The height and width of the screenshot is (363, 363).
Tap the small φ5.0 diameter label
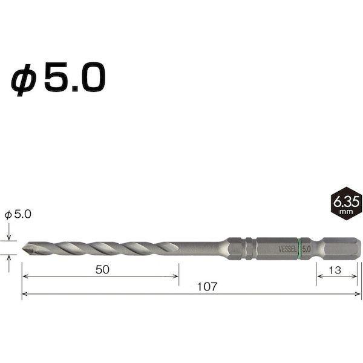pyautogui.click(x=17, y=214)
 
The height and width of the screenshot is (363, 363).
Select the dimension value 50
pyautogui.click(x=101, y=270)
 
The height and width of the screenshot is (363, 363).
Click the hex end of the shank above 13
pyautogui.click(x=336, y=247)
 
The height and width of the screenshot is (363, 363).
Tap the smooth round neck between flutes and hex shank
pyautogui.click(x=203, y=247)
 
